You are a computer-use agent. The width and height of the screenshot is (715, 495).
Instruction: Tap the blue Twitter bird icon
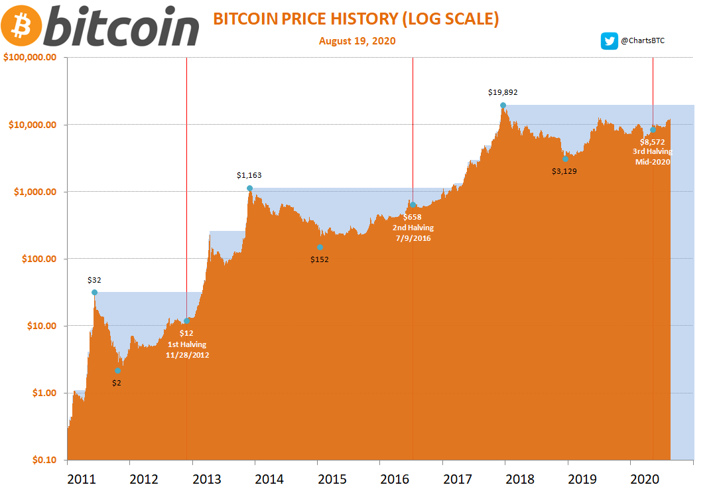coord(609,41)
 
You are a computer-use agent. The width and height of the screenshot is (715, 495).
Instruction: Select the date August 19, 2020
coord(357,41)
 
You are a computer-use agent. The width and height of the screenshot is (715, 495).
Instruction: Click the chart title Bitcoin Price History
coord(356,19)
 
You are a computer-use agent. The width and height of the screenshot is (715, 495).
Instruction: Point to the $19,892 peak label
coord(502,93)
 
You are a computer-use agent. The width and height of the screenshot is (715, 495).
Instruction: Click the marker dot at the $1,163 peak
coord(249,188)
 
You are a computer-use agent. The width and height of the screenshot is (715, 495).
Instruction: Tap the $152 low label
coord(320,259)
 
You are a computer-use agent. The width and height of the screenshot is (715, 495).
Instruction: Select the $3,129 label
coord(565,171)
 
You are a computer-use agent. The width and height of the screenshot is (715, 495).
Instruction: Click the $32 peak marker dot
coord(94,293)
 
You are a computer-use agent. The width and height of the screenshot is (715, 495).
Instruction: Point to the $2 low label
coord(117,383)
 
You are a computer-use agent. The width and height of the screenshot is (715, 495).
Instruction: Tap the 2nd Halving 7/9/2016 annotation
coord(413,228)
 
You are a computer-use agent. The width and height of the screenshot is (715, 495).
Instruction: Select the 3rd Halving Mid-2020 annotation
coord(652,151)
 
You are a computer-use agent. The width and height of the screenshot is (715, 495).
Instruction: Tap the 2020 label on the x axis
coord(645,479)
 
